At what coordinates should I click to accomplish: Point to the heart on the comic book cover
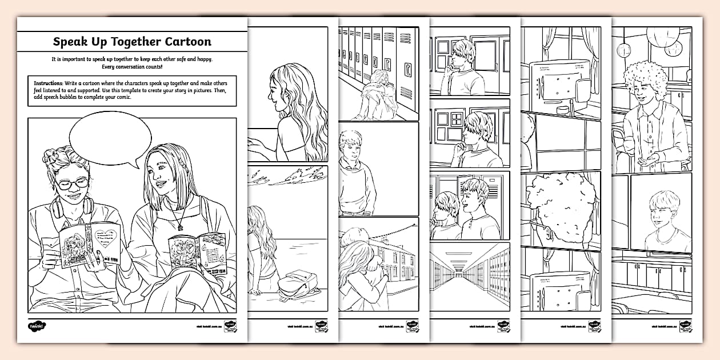(106, 235)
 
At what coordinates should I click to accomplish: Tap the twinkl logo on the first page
(38, 326)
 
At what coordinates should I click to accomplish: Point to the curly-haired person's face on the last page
(642, 98)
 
